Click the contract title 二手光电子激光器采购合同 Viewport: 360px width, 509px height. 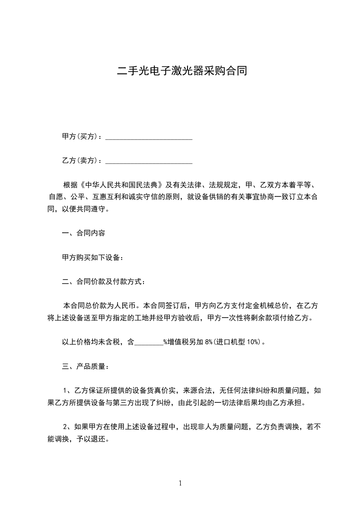pos(182,71)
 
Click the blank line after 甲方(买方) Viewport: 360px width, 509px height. pos(149,137)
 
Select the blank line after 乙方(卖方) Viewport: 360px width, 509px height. pos(149,161)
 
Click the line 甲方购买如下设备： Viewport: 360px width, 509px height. pos(93,258)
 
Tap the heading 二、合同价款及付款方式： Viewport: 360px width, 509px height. pos(104,282)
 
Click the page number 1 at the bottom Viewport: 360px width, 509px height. pos(180,483)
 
